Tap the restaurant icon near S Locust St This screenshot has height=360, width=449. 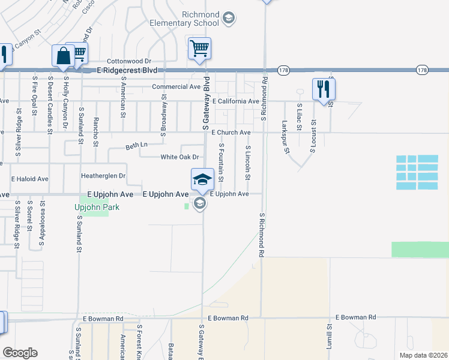[x=324, y=89]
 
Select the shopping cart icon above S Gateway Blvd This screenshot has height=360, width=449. [x=199, y=49]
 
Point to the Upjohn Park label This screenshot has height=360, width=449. [x=97, y=207]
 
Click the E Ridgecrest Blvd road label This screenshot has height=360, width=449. [x=131, y=70]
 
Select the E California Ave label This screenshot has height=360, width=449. [x=235, y=101]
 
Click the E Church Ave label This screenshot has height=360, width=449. [x=230, y=132]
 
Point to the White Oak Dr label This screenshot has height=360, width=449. [x=179, y=157]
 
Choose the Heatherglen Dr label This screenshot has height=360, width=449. [x=103, y=176]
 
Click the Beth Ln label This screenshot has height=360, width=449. [x=136, y=145]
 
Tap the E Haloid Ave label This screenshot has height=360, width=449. [x=29, y=179]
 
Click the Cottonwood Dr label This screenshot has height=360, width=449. [x=128, y=61]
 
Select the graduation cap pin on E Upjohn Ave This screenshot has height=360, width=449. [x=202, y=179]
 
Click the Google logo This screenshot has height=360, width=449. [x=20, y=353]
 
